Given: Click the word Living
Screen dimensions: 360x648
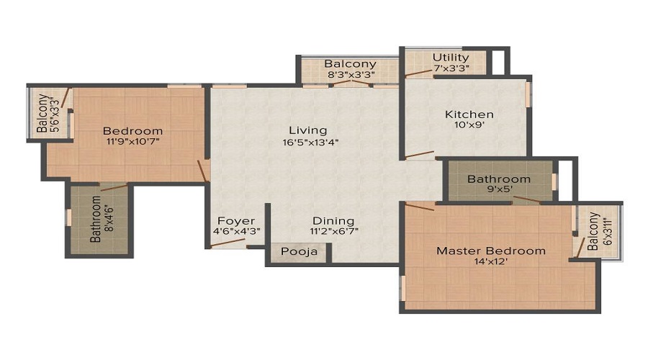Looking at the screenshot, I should tap(307, 130).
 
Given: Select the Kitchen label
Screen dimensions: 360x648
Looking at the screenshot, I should tap(469, 114).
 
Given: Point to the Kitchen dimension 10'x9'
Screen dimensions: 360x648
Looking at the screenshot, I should tap(469, 125).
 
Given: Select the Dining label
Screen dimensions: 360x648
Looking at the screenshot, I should tap(333, 220).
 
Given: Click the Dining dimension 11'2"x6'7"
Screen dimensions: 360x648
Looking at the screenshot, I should tap(333, 231).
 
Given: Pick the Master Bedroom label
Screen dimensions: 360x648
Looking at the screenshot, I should tap(491, 251).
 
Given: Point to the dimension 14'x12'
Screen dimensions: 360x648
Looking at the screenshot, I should tap(491, 262).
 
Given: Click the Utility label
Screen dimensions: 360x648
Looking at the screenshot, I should tap(451, 58).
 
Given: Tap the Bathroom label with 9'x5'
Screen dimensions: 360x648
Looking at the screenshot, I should tap(498, 179).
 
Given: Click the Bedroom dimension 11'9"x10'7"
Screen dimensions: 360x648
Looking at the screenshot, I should tap(132, 142).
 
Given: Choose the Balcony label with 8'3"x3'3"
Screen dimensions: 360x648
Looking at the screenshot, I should tap(350, 63).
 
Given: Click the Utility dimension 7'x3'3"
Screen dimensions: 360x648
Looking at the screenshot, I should tap(451, 68).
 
